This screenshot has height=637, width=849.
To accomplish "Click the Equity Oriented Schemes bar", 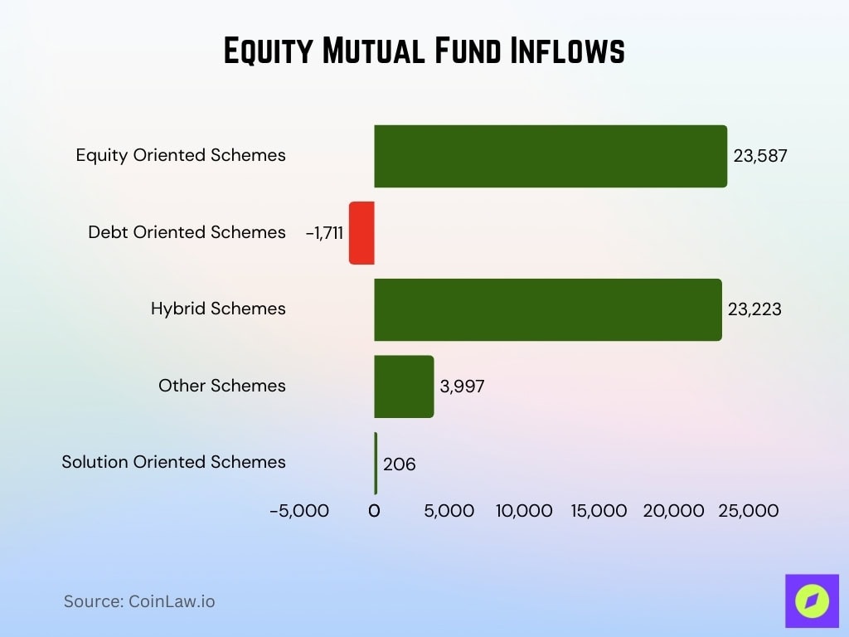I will [551, 156].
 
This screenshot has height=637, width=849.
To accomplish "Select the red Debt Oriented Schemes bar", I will [362, 233].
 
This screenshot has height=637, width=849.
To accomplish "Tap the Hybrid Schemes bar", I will [548, 309].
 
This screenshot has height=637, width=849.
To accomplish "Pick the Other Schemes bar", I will [404, 387].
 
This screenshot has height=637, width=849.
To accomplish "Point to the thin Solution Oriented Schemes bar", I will [376, 463].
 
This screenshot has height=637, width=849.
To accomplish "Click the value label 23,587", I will [760, 155].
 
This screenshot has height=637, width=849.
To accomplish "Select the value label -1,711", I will [324, 233].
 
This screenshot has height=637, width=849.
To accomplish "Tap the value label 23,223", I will [754, 309].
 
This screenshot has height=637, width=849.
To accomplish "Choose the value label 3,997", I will [462, 387].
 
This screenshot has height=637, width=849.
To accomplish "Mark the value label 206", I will [399, 464].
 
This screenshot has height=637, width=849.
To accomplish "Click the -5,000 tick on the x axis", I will [299, 511].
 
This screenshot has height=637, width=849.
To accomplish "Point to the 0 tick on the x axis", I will [374, 511].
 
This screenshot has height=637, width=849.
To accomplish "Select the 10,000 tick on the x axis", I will [524, 511].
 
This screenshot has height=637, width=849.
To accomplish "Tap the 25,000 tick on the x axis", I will [749, 511].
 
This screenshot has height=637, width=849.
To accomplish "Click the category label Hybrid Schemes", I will [218, 309].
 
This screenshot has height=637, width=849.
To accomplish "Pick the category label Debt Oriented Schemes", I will [187, 232].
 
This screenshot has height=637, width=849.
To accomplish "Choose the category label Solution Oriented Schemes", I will [173, 462].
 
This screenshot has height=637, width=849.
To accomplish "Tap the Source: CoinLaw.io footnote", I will [139, 601].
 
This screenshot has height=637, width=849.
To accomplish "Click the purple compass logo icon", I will [812, 601].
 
